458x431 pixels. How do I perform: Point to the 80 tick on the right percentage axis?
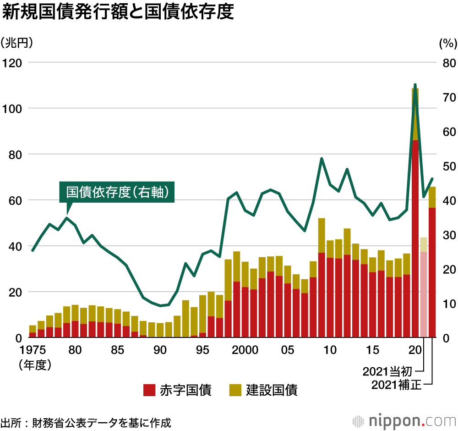tap(447, 62)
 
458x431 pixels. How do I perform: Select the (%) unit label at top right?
tap(447, 44)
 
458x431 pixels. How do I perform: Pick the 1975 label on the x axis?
tap(33, 350)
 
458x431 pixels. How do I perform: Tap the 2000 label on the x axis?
tap(244, 350)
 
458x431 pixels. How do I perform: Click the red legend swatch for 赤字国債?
tap(149, 390)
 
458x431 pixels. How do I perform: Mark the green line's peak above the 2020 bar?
tap(415, 85)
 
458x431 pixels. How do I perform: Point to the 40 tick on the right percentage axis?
tap(447, 200)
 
